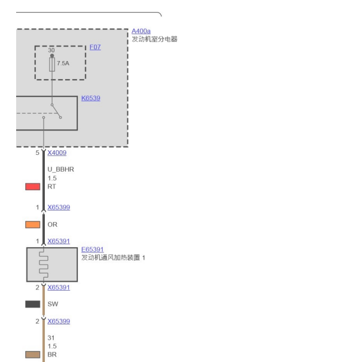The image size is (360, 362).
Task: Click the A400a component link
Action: pyautogui.click(x=141, y=31)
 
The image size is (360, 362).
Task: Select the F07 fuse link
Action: pyautogui.click(x=95, y=47)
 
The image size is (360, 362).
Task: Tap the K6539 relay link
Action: pyautogui.click(x=91, y=98)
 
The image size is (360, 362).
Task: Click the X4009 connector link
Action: pyautogui.click(x=57, y=153)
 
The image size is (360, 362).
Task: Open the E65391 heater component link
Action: pyautogui.click(x=92, y=250)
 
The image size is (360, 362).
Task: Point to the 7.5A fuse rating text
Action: pyautogui.click(x=63, y=63)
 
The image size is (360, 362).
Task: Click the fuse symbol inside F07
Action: pyautogui.click(x=52, y=65)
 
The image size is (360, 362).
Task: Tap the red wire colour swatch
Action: pyautogui.click(x=32, y=187)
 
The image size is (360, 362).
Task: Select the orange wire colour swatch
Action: pyautogui.click(x=32, y=224)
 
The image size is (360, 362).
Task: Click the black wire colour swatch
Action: pyautogui.click(x=32, y=304)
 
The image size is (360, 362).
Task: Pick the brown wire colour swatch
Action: pyautogui.click(x=32, y=355)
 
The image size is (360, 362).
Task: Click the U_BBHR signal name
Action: pyautogui.click(x=60, y=169)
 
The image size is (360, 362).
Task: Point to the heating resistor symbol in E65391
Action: pyautogui.click(x=44, y=264)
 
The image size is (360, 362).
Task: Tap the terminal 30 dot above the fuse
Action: pyautogui.click(x=52, y=56)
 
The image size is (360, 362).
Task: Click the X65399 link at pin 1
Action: pyautogui.click(x=59, y=207)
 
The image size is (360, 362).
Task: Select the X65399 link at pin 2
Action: pyautogui.click(x=59, y=321)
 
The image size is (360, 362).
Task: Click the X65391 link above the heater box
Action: pyautogui.click(x=59, y=241)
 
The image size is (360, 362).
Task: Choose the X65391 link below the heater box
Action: pyautogui.click(x=59, y=287)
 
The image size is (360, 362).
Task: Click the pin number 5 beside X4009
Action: pyautogui.click(x=38, y=153)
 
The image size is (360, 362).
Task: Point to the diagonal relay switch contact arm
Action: pyautogui.click(x=56, y=111)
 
